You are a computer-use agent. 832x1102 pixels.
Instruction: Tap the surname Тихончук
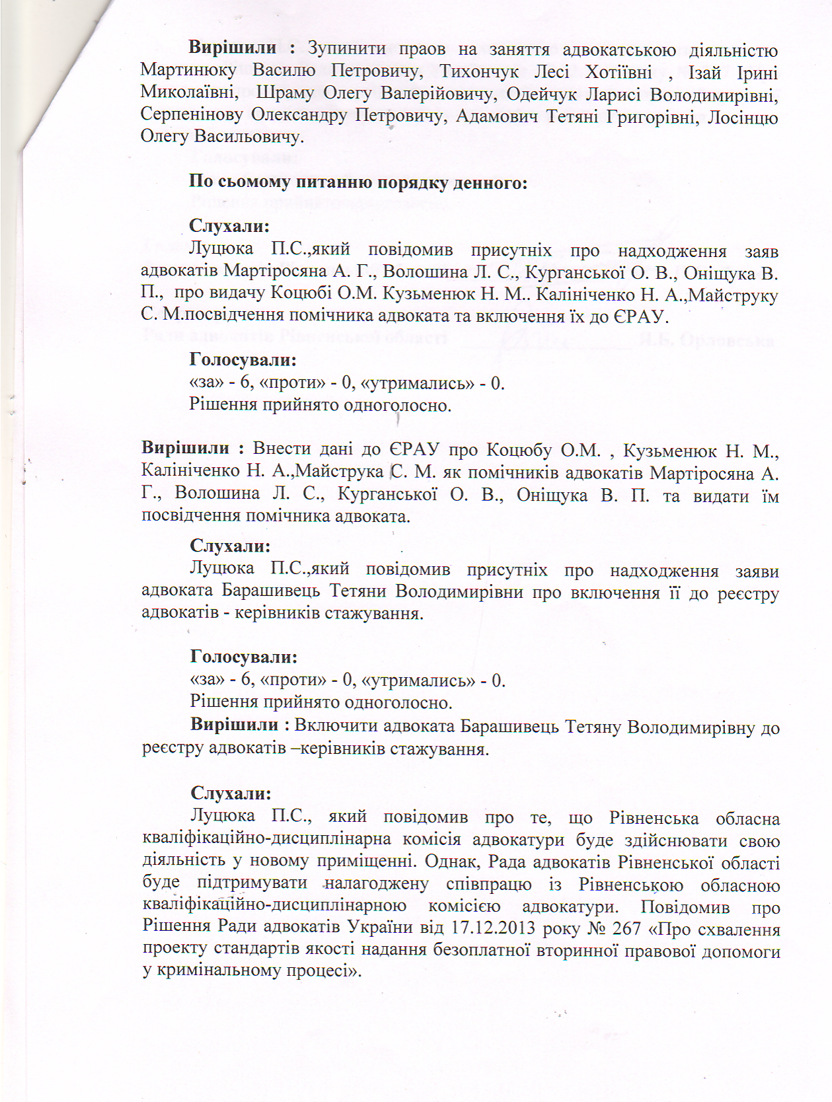[480, 72]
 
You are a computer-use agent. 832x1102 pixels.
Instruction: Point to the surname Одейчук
[541, 94]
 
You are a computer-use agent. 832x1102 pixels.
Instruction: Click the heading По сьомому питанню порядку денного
[358, 182]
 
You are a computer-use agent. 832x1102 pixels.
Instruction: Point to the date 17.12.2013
[492, 928]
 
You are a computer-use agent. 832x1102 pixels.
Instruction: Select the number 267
[626, 928]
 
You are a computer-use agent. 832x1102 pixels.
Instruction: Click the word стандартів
[254, 950]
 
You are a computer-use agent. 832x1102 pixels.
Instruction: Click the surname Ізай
[704, 72]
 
